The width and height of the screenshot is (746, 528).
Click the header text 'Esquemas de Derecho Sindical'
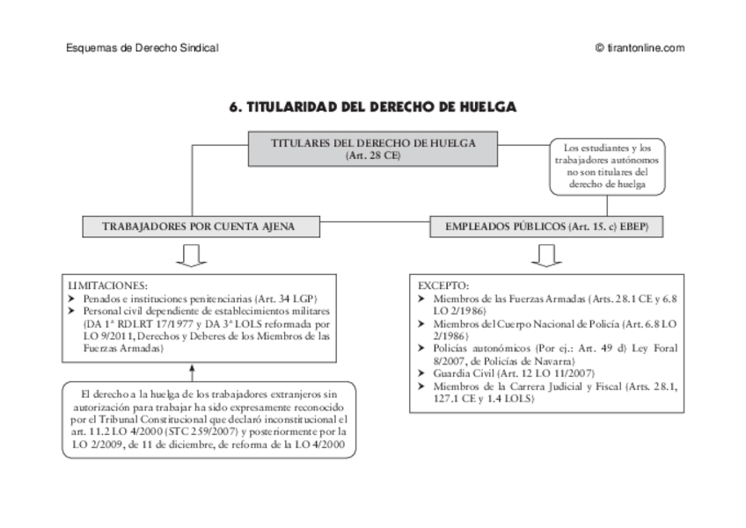point(142,48)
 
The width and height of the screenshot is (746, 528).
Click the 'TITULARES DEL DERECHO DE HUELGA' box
point(372,148)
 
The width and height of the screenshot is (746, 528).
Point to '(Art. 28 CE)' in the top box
point(372,156)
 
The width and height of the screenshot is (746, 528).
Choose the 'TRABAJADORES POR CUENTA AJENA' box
point(198,226)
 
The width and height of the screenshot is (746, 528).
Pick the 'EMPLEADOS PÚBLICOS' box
point(546,226)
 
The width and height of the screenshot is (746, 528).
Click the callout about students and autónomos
point(607,166)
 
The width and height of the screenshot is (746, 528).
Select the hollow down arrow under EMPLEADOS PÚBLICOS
point(546,255)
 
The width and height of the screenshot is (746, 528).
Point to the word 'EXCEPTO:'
point(443,286)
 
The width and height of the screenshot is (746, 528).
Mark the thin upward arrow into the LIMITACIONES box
point(191,372)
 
